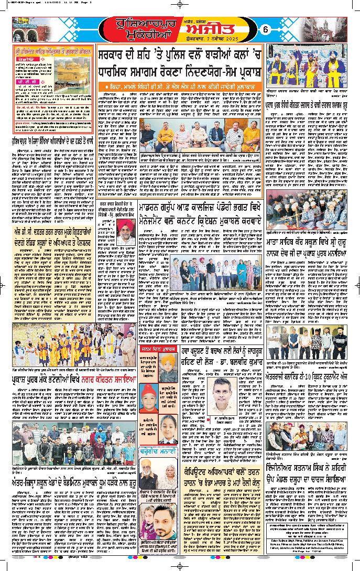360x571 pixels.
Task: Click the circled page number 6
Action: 265,29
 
